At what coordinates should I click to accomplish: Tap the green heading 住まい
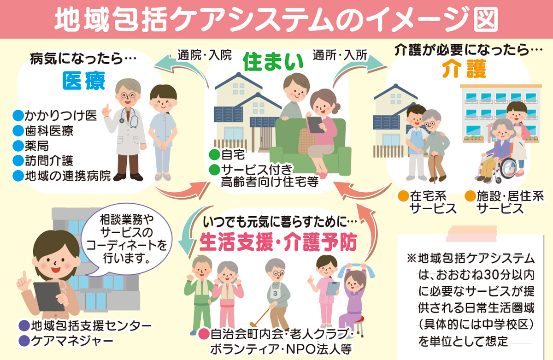point(274,63)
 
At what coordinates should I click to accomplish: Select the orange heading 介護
point(464,70)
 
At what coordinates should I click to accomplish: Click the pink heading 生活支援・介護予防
point(279,242)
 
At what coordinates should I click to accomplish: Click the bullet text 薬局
point(37,147)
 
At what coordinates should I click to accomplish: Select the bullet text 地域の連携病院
point(68,176)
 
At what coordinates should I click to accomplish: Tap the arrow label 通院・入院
point(205,54)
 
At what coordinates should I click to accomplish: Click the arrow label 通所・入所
point(340,54)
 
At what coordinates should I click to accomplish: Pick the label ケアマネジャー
point(72,341)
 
